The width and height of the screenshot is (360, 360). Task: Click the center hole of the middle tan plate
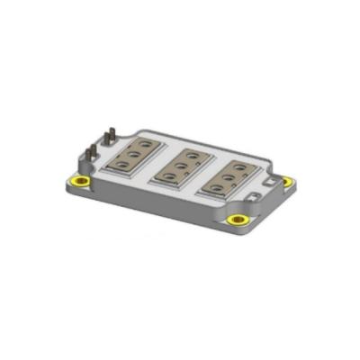(x=181, y=164)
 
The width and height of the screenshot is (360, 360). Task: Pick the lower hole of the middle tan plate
(x=171, y=175)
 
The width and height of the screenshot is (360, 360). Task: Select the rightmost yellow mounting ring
(x=287, y=181)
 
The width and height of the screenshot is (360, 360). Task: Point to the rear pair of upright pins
(x=111, y=136)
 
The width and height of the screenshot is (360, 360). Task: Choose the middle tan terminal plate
(x=181, y=165)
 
